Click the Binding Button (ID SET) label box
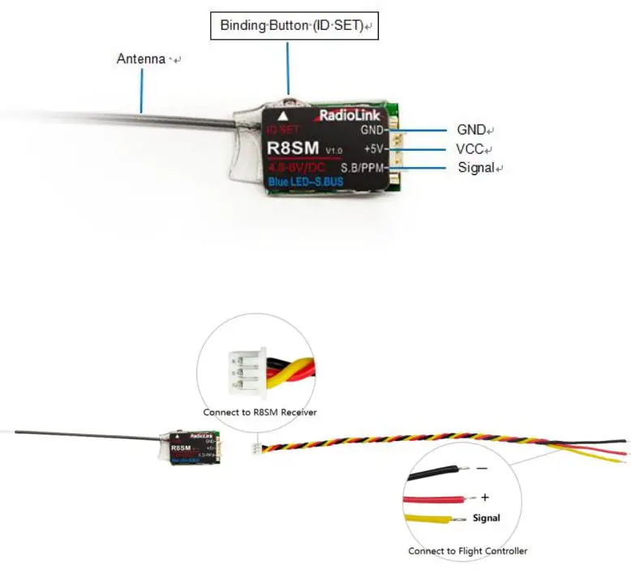pos(291,26)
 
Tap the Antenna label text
pos(143,59)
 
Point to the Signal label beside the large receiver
pos(476,168)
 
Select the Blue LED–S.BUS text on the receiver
pos(306,182)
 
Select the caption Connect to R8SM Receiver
pos(260,413)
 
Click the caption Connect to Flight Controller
pos(468,551)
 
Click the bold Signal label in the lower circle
pos(486,518)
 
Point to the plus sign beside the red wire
pos(485,495)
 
